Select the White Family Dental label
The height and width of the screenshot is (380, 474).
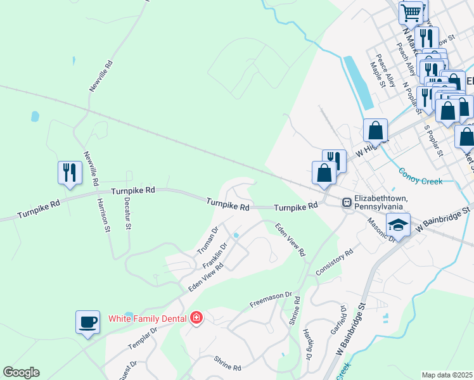pos(147,318)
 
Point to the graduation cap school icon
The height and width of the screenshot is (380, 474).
pos(399,225)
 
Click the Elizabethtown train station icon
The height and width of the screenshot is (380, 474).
pos(347,203)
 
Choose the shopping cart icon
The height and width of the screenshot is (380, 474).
pos(411,11)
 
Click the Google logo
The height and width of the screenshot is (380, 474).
pos(21,372)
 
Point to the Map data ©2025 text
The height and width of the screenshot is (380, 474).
pos(447,375)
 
